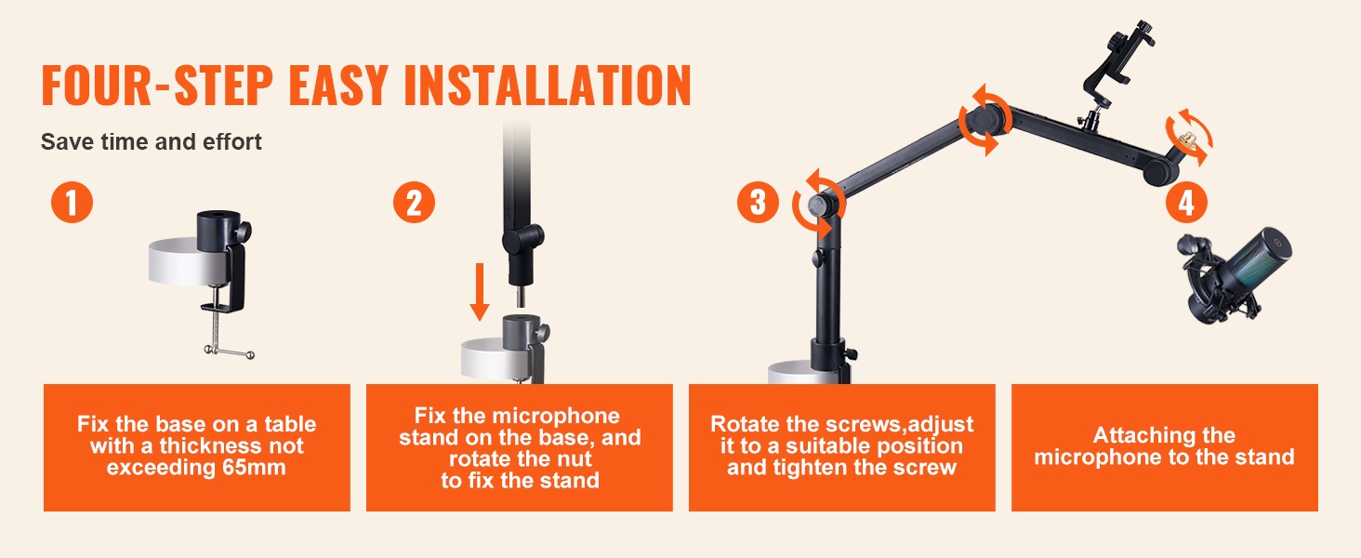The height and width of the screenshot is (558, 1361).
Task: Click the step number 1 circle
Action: click(x=72, y=203)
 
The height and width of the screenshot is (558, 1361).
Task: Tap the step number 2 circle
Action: click(x=414, y=203)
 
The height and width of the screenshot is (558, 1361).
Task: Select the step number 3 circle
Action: click(x=758, y=203)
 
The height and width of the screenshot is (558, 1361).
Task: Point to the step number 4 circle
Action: click(x=1186, y=203)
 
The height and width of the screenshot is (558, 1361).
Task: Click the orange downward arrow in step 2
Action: click(x=480, y=292)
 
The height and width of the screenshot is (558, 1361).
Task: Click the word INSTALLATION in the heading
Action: click(x=548, y=86)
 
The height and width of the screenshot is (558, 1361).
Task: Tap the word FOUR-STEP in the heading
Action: click(x=157, y=86)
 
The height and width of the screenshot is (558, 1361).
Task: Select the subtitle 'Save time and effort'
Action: click(x=152, y=141)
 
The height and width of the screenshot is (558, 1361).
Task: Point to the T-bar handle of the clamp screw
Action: click(x=229, y=352)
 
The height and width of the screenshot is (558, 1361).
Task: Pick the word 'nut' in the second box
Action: click(x=573, y=458)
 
